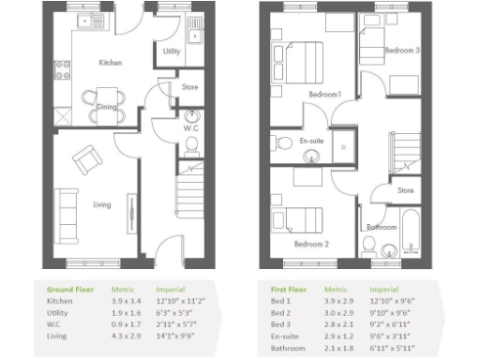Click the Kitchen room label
(x=112, y=62)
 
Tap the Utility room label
(x=172, y=52)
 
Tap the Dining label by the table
(x=107, y=107)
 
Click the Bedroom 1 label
(x=326, y=94)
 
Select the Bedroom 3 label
(x=404, y=50)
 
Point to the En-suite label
(x=311, y=141)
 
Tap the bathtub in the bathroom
(x=411, y=234)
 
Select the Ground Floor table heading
(x=67, y=290)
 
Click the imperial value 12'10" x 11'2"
(x=171, y=303)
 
